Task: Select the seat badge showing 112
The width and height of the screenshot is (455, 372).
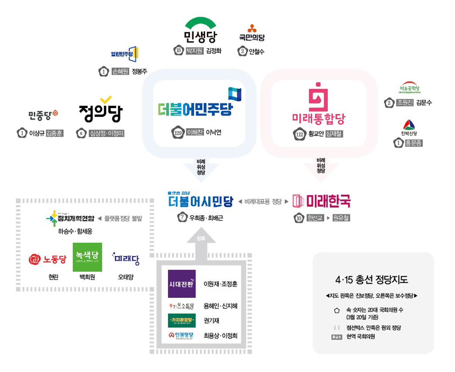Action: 300,134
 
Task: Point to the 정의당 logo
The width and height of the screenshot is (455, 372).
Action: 101,110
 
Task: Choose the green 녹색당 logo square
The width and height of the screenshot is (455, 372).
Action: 87,257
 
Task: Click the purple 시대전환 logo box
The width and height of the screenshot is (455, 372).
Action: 182,284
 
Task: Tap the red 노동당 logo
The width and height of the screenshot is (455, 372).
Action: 48,260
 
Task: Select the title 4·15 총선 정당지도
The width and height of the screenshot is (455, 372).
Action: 372,280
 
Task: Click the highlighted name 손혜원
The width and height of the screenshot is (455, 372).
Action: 121,71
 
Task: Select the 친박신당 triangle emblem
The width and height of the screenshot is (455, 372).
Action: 408,125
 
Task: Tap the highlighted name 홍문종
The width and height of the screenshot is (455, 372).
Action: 414,143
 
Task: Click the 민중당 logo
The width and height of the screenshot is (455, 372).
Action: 43,114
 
